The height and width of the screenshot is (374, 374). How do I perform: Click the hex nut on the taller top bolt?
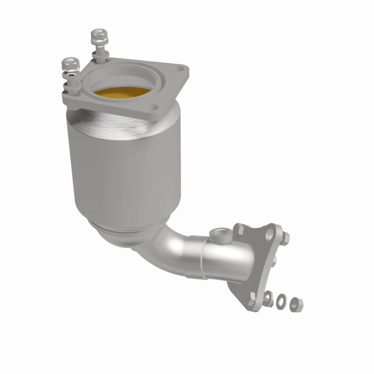[97, 35]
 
